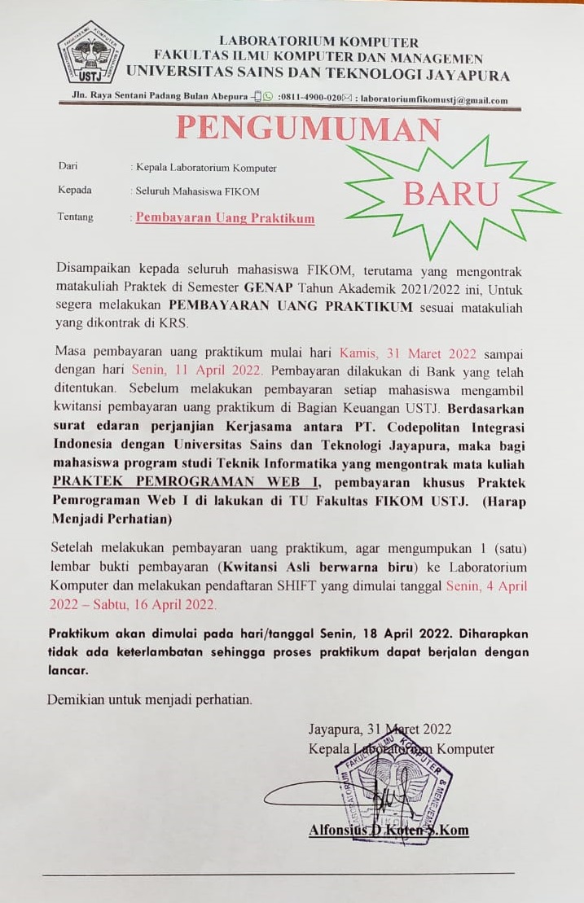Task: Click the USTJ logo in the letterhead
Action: click(90, 52)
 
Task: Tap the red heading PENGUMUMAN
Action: click(309, 128)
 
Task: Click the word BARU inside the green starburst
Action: click(450, 195)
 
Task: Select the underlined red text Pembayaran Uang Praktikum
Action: click(225, 218)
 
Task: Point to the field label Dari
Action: click(68, 167)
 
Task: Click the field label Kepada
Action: click(74, 191)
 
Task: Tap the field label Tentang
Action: click(76, 217)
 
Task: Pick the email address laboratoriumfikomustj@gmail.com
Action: click(434, 100)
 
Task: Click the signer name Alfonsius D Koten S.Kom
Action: click(389, 831)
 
